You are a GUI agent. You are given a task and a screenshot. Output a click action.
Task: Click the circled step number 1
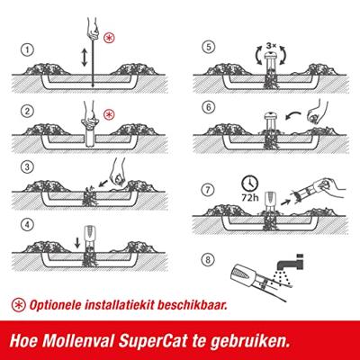click(x=27, y=49)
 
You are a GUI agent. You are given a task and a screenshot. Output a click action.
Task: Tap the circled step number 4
click(x=27, y=225)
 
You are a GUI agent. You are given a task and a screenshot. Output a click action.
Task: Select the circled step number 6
click(x=209, y=107)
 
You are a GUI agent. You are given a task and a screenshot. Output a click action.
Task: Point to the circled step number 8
click(x=208, y=260)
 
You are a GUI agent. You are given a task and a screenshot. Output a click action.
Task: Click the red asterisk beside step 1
click(x=110, y=38)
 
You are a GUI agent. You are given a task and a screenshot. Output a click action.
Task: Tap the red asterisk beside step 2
click(x=110, y=115)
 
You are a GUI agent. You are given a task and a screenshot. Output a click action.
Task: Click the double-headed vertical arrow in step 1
click(x=85, y=58)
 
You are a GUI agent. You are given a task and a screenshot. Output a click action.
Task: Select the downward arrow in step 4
click(x=77, y=243)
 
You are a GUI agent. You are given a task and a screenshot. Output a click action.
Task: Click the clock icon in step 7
click(x=250, y=184)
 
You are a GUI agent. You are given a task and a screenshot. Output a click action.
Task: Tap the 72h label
click(x=249, y=198)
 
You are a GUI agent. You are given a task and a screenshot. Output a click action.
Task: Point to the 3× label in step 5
click(x=271, y=46)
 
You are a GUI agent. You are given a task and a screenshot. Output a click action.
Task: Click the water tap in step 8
click(x=290, y=263)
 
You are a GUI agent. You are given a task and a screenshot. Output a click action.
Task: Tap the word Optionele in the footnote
click(x=55, y=305)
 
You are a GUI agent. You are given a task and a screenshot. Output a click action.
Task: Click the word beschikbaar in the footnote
click(x=192, y=305)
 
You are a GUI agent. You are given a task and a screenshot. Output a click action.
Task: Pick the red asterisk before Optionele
click(x=19, y=305)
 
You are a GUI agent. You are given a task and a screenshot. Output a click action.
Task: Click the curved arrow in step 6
click(x=293, y=116)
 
